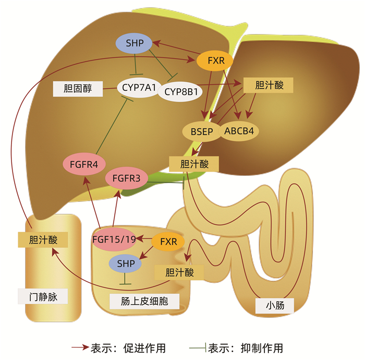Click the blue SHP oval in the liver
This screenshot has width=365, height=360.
point(135,43)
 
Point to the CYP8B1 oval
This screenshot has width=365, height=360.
point(180,91)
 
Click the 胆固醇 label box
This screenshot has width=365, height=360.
point(77,88)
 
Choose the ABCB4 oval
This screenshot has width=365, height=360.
point(239,131)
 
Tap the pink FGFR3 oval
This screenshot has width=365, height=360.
point(126,178)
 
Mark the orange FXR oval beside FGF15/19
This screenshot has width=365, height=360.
point(168,242)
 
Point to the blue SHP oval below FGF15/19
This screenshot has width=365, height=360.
point(125,263)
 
